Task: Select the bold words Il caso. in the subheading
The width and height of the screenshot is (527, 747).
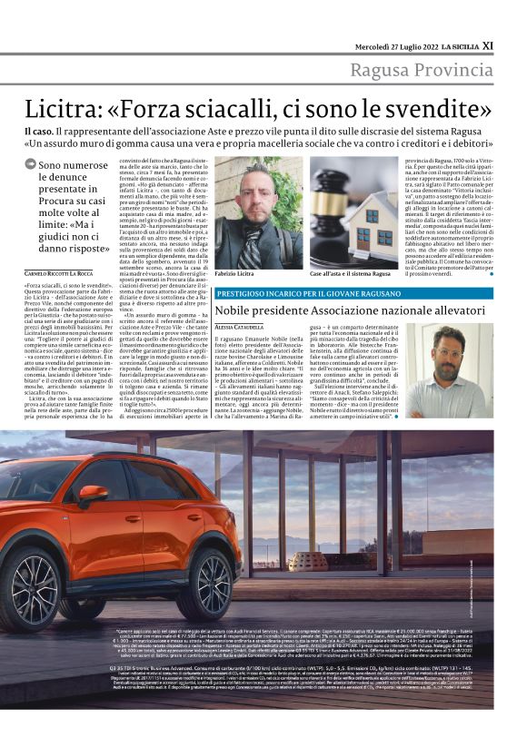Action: tap(40, 133)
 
